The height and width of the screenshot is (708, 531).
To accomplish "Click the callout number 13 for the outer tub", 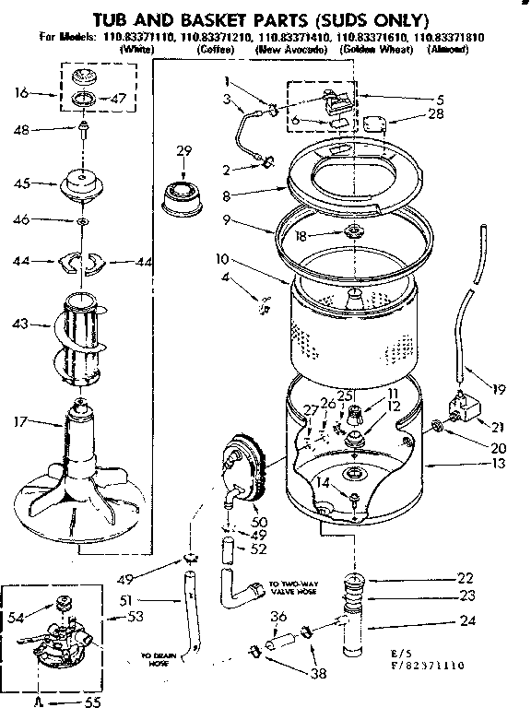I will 499,465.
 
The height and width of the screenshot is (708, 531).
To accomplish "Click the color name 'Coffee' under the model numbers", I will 215,49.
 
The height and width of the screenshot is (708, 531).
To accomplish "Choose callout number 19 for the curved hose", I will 499,389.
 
